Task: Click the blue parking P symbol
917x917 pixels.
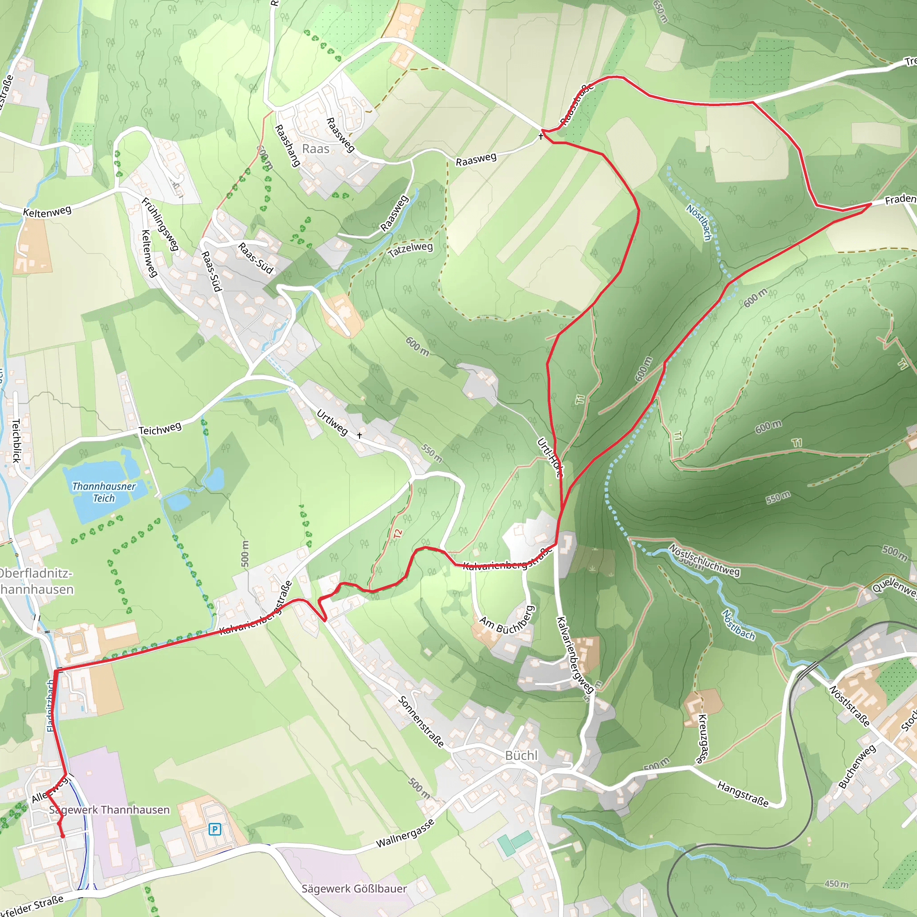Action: [x=214, y=829]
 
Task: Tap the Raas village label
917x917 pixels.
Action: [x=316, y=149]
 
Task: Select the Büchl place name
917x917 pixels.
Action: [x=521, y=755]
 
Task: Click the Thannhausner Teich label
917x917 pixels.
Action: [x=104, y=492]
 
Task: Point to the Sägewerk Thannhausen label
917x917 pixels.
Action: [x=110, y=810]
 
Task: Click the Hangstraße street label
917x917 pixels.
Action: [x=743, y=794]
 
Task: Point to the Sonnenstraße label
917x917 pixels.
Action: [x=421, y=721]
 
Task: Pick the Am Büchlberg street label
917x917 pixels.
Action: [x=507, y=619]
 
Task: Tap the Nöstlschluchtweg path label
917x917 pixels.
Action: [x=704, y=561]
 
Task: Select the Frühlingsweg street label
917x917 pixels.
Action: [x=160, y=224]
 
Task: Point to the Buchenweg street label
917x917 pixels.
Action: [x=857, y=767]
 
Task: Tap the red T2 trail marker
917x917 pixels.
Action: [x=398, y=533]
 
